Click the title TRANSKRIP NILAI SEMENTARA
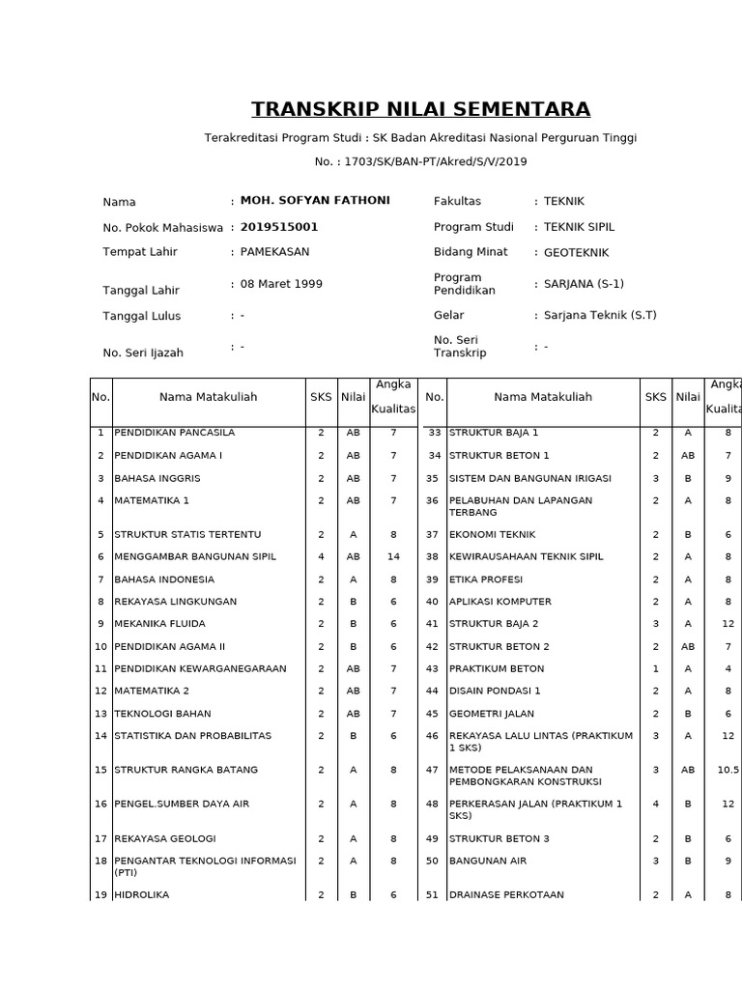pyautogui.click(x=420, y=109)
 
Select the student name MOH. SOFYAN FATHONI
pyautogui.click(x=315, y=201)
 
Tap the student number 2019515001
pyautogui.click(x=279, y=228)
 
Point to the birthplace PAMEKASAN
pyautogui.click(x=274, y=252)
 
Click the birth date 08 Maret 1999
pyautogui.click(x=281, y=284)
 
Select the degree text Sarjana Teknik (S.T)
pyautogui.click(x=600, y=315)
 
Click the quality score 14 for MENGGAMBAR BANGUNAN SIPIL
pyautogui.click(x=393, y=556)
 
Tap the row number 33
pyautogui.click(x=434, y=433)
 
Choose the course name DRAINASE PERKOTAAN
pyautogui.click(x=506, y=895)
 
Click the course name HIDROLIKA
pyautogui.click(x=141, y=895)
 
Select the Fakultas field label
pyautogui.click(x=457, y=201)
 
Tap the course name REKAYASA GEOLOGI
pyautogui.click(x=165, y=838)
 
